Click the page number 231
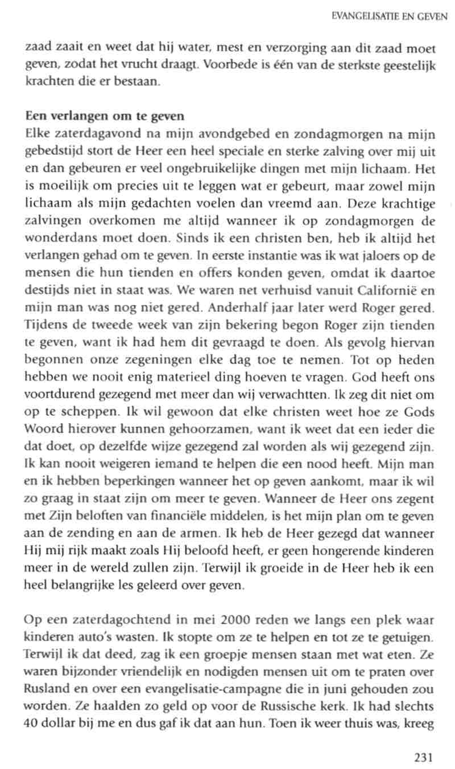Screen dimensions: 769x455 [x=424, y=757]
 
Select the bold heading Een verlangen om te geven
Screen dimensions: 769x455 [x=105, y=117]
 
